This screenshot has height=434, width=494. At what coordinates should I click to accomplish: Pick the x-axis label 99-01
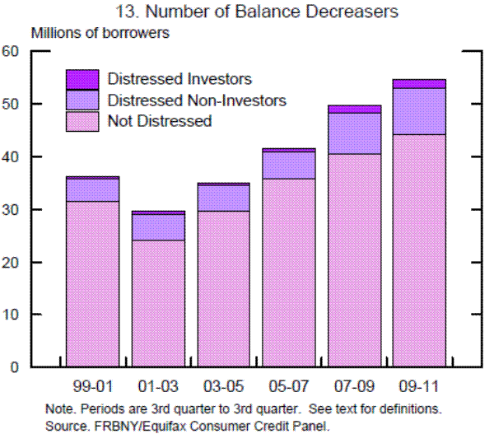click(x=92, y=385)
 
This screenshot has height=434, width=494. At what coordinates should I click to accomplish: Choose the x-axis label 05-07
click(x=288, y=385)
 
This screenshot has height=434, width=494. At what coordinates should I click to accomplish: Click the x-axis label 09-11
click(x=419, y=385)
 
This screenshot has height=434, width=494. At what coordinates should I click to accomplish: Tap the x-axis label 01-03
click(x=157, y=385)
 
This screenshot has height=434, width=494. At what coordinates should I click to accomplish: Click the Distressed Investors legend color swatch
click(x=82, y=79)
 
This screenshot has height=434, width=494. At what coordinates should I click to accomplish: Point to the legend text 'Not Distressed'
click(x=160, y=121)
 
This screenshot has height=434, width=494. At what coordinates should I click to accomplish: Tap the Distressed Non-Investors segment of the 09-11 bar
click(x=419, y=111)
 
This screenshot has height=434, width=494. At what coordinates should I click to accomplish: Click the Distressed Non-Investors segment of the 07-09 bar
click(x=354, y=133)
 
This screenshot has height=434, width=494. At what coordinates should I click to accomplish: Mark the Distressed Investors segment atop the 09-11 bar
click(x=419, y=83)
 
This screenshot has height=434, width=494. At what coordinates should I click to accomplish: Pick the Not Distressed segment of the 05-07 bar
click(x=288, y=272)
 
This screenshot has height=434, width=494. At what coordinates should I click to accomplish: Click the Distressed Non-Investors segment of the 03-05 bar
click(x=223, y=198)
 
